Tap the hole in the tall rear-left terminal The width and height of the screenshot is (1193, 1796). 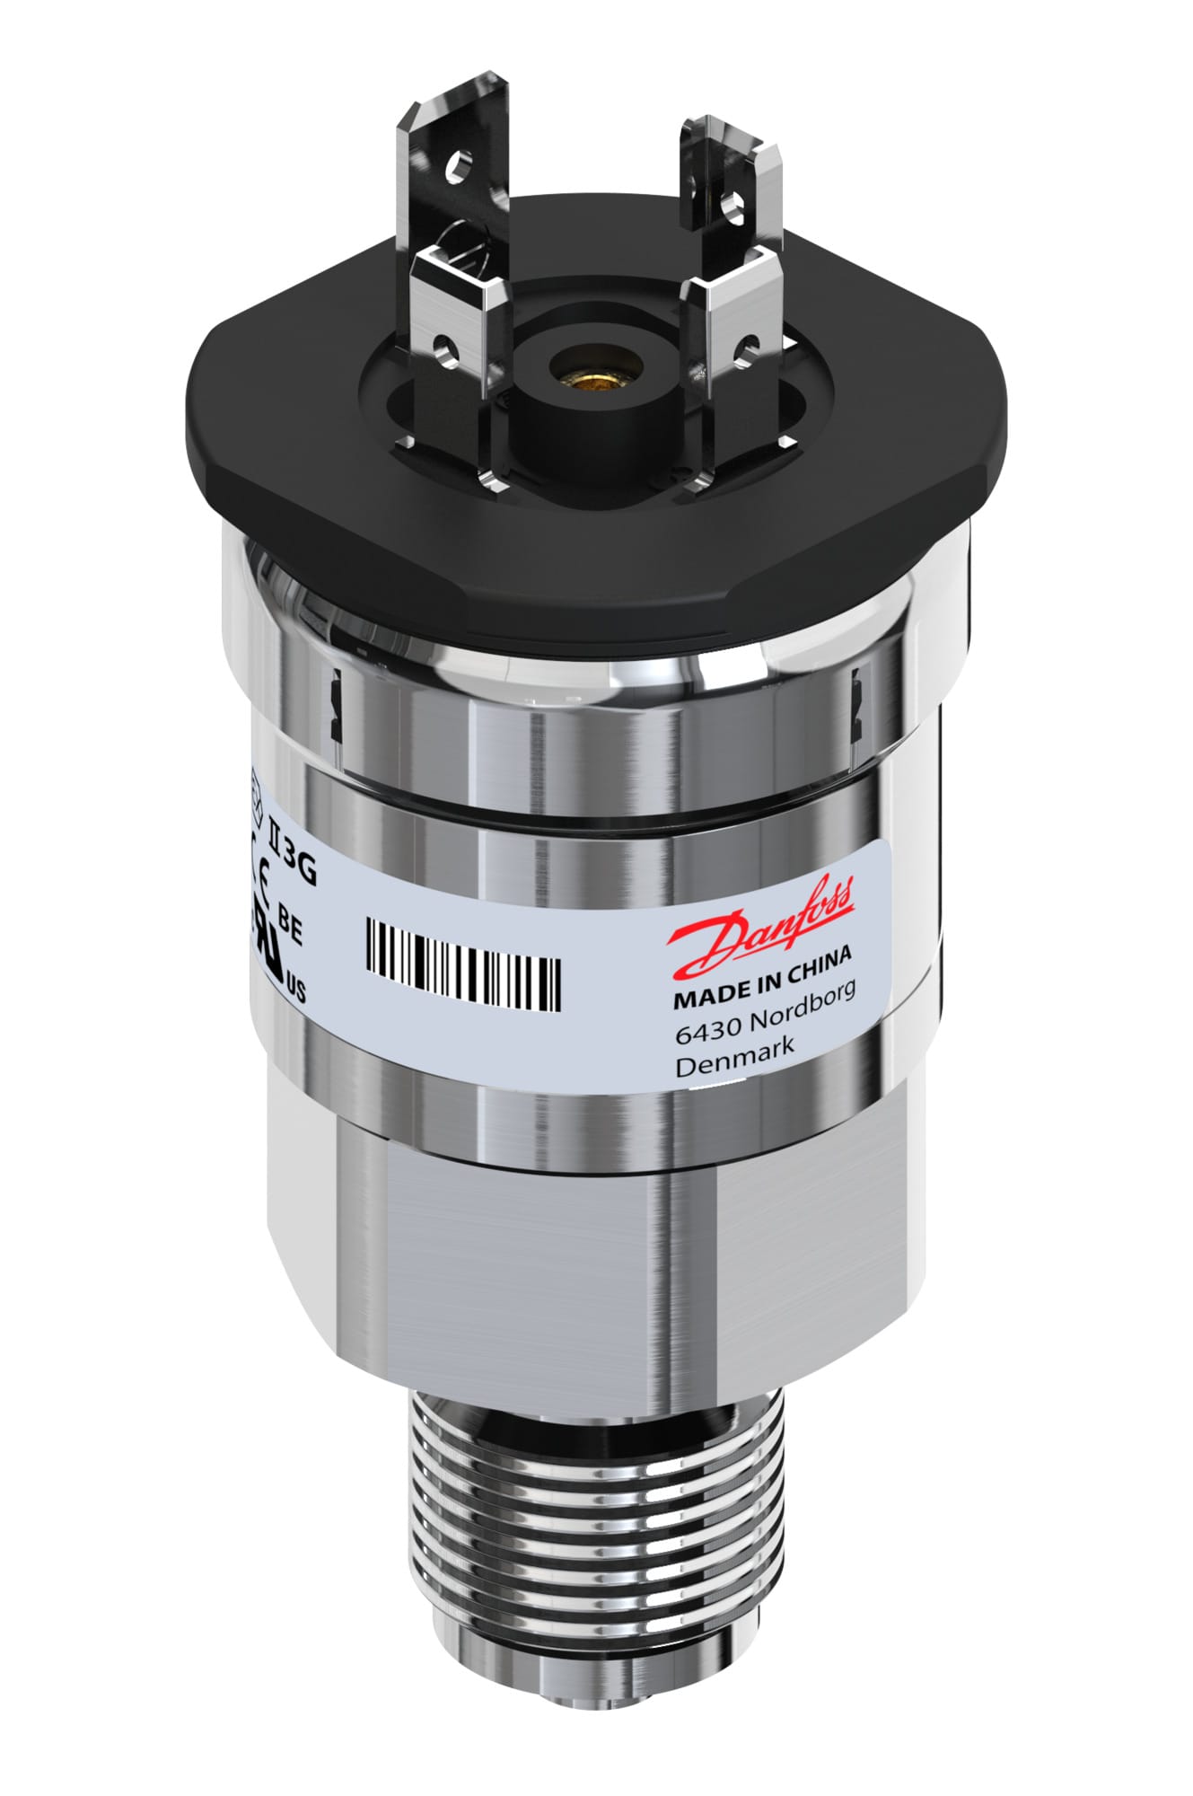[x=462, y=166]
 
